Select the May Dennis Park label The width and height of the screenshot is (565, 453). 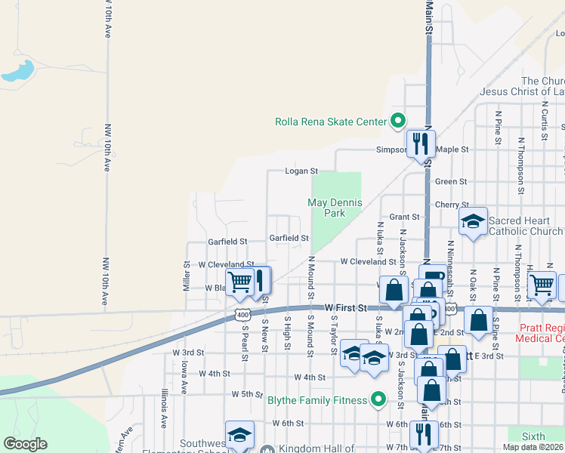335,208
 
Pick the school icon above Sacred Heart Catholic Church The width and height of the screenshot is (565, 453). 473,221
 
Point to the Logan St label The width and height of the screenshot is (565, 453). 301,171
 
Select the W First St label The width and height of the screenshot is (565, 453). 345,308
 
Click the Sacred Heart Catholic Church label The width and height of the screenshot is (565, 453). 526,226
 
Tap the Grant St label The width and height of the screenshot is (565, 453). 404,217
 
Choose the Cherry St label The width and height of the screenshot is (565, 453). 451,205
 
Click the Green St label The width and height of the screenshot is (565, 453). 451,181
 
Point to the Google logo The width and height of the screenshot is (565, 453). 25,444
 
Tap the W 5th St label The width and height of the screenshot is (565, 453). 246,394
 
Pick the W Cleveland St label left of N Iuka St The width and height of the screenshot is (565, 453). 368,261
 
